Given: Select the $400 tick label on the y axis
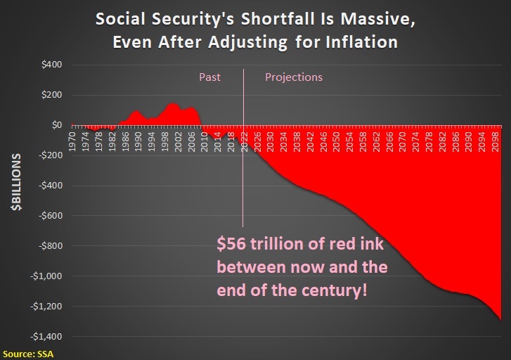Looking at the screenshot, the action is [x=51, y=65].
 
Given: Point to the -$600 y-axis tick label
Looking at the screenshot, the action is [x=51, y=216].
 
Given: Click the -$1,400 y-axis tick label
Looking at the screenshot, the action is [x=46, y=337].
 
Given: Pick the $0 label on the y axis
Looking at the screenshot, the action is [x=57, y=125].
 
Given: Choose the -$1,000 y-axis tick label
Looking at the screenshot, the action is [x=46, y=276].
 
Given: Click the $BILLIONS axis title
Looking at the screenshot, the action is [x=16, y=182].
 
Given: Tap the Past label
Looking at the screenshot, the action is [x=209, y=77].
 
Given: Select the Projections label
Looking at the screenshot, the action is [x=294, y=77].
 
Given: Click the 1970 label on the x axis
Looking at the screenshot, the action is [x=72, y=141].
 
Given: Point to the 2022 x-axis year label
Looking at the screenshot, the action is [x=244, y=141].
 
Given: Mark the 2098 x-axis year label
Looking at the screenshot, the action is [x=495, y=141].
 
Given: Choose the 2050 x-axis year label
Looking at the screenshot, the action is [x=337, y=141].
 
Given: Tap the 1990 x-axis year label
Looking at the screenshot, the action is [x=138, y=141].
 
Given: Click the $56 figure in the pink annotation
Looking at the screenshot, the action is [x=231, y=243].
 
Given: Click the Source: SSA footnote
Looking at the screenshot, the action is [x=28, y=354].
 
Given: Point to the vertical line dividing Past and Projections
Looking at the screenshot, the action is [x=243, y=148].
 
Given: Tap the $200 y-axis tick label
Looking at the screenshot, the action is [x=51, y=95].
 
